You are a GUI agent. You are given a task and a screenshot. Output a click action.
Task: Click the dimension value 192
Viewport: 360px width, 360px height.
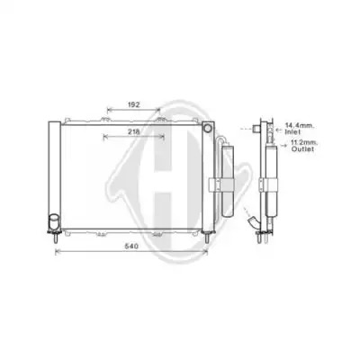(134, 104)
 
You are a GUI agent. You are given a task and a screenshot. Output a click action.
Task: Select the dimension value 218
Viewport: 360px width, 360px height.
(134, 131)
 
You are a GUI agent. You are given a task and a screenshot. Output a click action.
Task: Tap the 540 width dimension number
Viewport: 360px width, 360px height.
(131, 247)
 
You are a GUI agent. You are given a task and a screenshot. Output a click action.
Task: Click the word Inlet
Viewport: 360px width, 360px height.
(293, 131)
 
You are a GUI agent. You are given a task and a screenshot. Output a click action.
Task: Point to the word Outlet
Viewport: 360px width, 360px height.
(303, 148)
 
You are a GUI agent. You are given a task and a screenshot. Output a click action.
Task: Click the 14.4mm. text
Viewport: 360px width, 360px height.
(299, 126)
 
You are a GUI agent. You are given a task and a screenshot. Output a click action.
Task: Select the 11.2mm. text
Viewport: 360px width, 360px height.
(304, 143)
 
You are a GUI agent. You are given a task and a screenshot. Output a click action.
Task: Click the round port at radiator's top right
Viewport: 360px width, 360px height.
(207, 129)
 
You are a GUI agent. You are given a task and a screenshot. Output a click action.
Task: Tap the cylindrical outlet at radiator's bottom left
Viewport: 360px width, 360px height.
(54, 221)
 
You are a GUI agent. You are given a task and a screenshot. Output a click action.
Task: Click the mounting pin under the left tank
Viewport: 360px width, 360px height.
(56, 238)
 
